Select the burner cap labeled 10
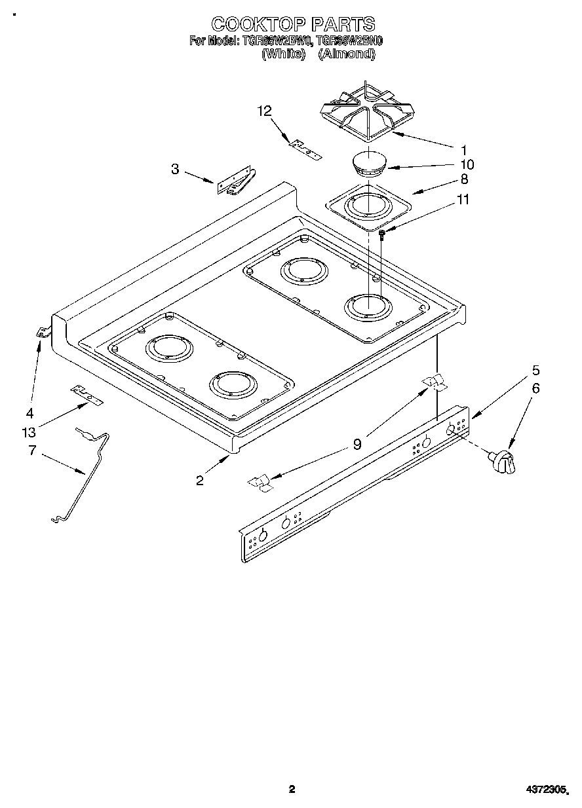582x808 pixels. click(369, 164)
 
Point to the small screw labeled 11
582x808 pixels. click(381, 232)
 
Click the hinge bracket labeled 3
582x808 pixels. click(236, 183)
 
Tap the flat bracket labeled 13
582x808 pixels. click(87, 395)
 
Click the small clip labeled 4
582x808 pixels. click(43, 333)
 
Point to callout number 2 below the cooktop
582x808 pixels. click(199, 481)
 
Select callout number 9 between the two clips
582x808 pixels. click(357, 445)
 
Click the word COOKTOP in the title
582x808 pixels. click(258, 24)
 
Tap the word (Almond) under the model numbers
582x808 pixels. click(346, 54)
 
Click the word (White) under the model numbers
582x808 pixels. click(284, 54)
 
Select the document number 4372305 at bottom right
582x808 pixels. click(547, 790)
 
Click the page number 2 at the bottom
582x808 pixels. click(292, 790)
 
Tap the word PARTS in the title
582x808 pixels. click(343, 24)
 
